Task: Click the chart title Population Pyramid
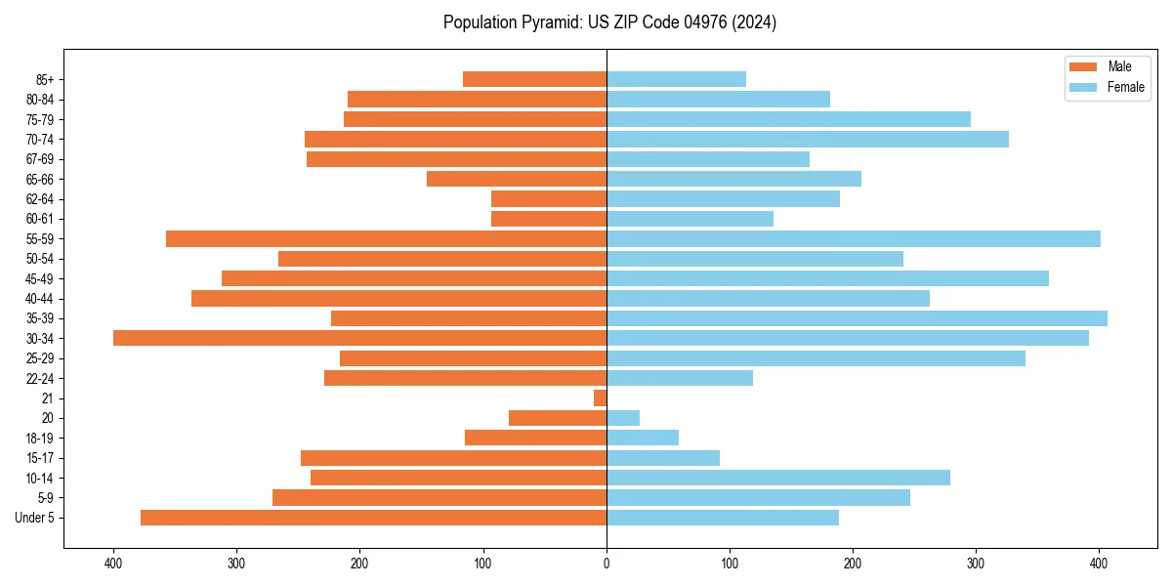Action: [x=609, y=22]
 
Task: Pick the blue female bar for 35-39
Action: [x=857, y=318]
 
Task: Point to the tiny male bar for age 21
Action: [x=600, y=398]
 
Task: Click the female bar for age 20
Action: [x=623, y=418]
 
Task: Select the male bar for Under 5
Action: [x=373, y=518]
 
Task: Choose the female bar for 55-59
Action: [x=853, y=239]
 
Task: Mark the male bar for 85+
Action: [x=534, y=79]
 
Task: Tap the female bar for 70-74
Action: [x=807, y=140]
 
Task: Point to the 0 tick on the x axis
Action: [x=607, y=564]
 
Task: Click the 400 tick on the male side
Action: [x=113, y=564]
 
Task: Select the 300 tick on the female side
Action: [x=976, y=564]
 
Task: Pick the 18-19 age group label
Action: [x=40, y=439]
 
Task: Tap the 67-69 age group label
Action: [x=40, y=159]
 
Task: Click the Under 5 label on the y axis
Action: [x=35, y=518]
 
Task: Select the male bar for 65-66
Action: [x=517, y=179]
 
